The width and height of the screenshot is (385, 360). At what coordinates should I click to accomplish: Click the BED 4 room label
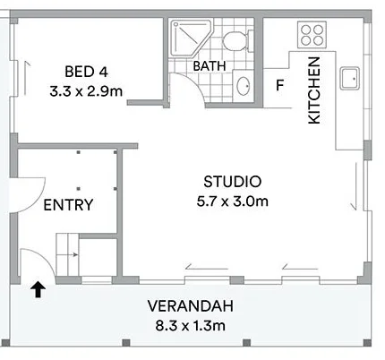85,72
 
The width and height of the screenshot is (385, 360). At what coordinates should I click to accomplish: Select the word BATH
209,65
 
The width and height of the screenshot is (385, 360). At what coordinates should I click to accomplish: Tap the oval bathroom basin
244,87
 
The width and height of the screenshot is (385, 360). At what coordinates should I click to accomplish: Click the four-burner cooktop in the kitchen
312,35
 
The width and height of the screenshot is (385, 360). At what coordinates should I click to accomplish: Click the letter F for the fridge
279,87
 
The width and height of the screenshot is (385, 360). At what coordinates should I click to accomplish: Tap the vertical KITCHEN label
314,90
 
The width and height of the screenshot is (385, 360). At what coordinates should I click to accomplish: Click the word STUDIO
232,181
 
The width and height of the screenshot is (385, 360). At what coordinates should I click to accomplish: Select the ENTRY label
68,205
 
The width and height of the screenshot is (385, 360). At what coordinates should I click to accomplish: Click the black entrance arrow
38,288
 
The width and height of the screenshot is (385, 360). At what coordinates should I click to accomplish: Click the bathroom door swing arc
184,87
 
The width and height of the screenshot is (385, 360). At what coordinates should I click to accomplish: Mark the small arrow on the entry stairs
73,256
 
